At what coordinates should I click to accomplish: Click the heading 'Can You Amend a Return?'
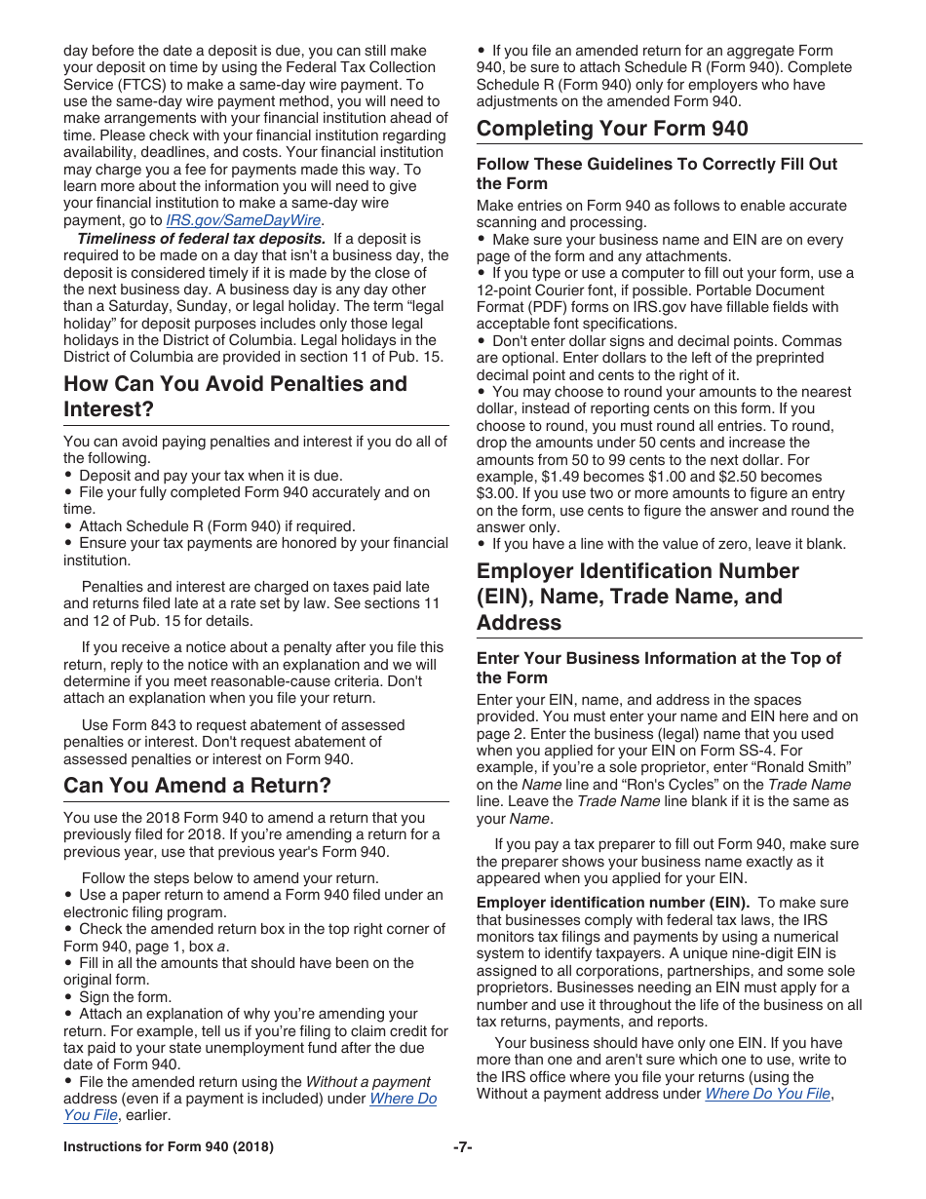(197, 786)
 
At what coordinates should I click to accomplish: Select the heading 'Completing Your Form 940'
(612, 129)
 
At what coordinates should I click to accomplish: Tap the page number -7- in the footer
(463, 1147)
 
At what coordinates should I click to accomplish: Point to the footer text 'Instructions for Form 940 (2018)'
(168, 1147)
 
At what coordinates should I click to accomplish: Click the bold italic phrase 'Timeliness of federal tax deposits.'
(202, 239)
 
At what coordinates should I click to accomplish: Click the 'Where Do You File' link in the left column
(403, 1099)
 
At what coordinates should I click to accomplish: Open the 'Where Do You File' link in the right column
(767, 1094)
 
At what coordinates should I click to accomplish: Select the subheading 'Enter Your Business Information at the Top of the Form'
(658, 668)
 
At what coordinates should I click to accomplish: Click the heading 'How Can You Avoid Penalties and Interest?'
(235, 396)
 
